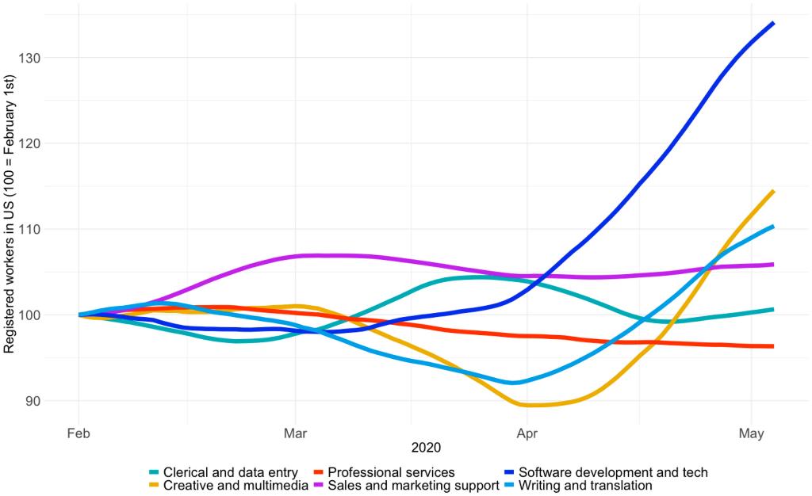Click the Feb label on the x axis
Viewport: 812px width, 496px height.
click(x=79, y=433)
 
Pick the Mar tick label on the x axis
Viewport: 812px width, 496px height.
click(x=295, y=433)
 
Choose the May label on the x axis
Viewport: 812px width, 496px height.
click(x=751, y=433)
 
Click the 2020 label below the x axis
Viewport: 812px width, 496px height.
click(x=427, y=448)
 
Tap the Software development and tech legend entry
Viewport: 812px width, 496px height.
click(x=607, y=472)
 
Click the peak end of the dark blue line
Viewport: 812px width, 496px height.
click(x=773, y=23)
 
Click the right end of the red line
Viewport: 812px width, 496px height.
click(x=773, y=346)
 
